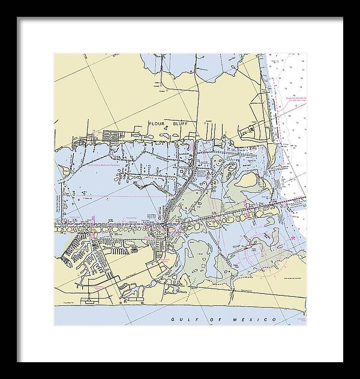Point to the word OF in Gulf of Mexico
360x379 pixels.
[212, 320]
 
